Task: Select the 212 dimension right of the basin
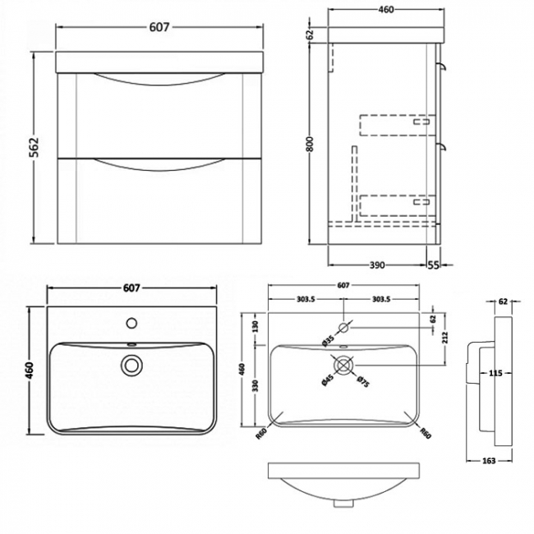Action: point(444,337)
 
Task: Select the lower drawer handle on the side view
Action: point(442,148)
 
